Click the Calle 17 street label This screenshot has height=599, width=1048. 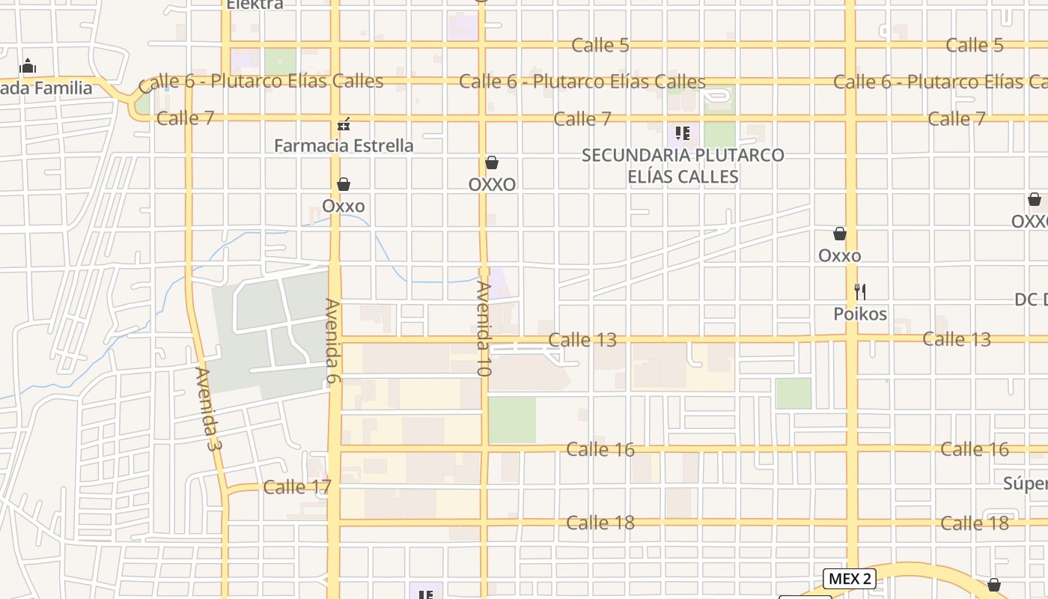(296, 487)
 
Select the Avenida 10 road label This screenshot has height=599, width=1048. (483, 329)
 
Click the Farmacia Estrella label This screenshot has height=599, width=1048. (344, 145)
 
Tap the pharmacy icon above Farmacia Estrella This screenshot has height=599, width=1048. (344, 124)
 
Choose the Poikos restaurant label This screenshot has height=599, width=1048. (860, 314)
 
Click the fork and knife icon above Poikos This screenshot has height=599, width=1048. (860, 291)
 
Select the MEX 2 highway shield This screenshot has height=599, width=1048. (850, 578)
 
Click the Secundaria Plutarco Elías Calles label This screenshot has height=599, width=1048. (683, 165)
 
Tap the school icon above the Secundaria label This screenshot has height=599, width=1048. (682, 134)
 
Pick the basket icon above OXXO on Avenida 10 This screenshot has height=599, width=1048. (492, 162)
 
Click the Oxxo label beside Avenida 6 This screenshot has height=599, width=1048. (344, 206)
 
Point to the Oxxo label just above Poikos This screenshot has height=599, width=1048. (839, 255)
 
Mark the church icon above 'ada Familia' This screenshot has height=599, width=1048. (28, 66)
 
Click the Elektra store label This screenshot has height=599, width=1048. (255, 4)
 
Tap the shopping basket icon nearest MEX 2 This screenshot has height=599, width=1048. (994, 584)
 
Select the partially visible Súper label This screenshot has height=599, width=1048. (1025, 483)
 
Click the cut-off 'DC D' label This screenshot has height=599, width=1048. (1031, 299)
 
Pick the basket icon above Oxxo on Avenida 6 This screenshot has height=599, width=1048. (344, 184)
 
